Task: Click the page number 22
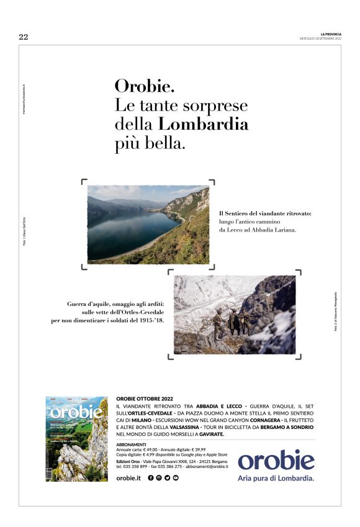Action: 24,37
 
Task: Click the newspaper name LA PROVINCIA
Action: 331,34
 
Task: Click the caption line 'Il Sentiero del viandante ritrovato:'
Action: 265,213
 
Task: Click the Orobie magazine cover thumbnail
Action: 76,439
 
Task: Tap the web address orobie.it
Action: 129,477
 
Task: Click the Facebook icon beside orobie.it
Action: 151,477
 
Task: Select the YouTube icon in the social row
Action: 176,477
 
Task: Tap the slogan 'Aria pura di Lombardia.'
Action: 276,479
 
